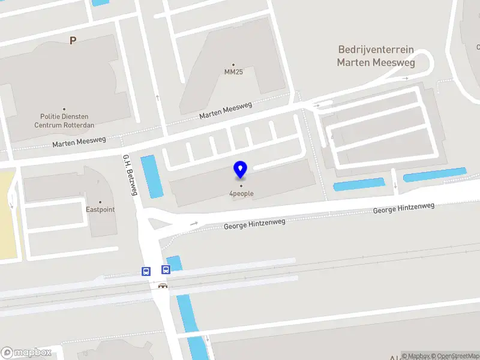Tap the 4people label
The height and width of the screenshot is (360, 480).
[x=241, y=193]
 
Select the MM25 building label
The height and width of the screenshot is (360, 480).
[x=234, y=73]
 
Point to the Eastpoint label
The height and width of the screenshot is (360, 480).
[x=100, y=210]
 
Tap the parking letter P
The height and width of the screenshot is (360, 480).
[x=73, y=41]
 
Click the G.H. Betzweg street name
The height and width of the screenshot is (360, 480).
[x=130, y=174]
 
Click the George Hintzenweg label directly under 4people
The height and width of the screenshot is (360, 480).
[x=254, y=224]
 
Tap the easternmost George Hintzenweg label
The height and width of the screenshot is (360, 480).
[x=403, y=208]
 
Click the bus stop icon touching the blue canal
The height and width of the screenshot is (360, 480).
[x=166, y=270]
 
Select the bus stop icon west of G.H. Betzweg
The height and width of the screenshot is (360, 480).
[x=146, y=271]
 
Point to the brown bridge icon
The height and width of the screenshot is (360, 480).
[x=162, y=286]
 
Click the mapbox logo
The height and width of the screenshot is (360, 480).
[x=26, y=353]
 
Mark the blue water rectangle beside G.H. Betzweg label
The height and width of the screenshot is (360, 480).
[x=151, y=176]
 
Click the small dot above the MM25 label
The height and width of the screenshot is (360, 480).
[x=233, y=65]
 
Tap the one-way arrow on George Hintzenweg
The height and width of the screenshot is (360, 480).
[x=194, y=224]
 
